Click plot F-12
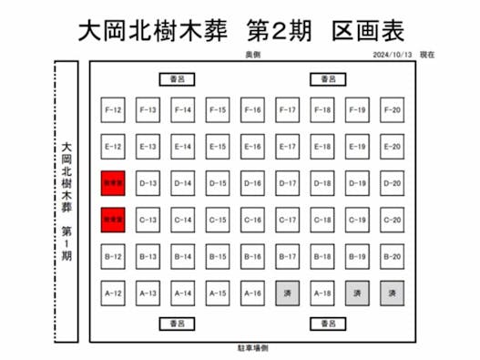pos(113,110)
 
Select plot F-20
pos(392,110)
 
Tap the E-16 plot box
pos(252,147)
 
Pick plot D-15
pos(218,183)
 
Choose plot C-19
pos(357,220)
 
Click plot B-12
pos(113,256)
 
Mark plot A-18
pos(322,293)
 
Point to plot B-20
pos(392,256)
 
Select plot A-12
pos(113,293)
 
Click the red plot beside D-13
pos(113,183)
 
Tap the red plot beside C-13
pos(113,220)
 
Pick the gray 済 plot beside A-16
pos(287,293)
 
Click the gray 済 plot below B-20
pos(392,293)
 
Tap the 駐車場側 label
pos(252,348)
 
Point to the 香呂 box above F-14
pos(176,80)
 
